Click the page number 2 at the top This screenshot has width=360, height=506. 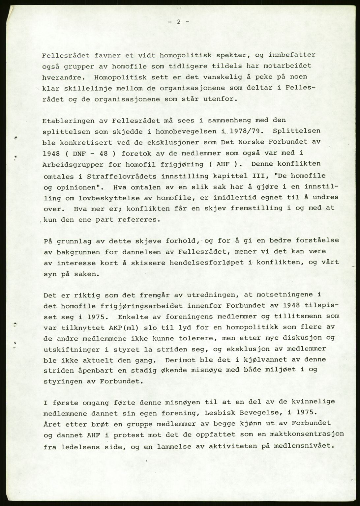pos(178,22)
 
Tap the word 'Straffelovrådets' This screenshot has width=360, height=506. pos(122,176)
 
